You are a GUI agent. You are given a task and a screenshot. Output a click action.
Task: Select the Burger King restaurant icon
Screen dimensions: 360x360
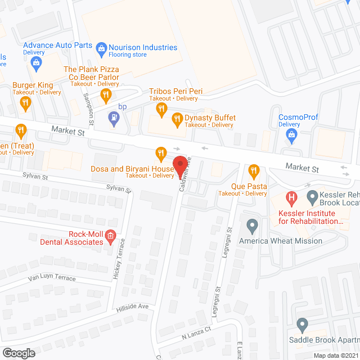pyautogui.click(x=25, y=102)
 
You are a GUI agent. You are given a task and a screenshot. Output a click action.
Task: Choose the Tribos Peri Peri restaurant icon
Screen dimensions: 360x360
pyautogui.click(x=161, y=108)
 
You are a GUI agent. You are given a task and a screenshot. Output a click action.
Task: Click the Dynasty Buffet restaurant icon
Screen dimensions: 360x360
pyautogui.click(x=177, y=118)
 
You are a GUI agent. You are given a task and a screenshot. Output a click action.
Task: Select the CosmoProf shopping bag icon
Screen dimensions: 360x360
pyautogui.click(x=291, y=134)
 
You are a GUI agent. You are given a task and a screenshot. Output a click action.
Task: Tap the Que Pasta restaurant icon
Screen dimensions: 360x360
pyautogui.click(x=253, y=170)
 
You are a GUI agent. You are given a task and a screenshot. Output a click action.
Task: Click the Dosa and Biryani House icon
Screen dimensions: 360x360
pyautogui.click(x=161, y=152)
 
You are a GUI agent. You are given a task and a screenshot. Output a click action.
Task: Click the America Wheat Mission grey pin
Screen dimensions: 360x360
pyautogui.click(x=252, y=226)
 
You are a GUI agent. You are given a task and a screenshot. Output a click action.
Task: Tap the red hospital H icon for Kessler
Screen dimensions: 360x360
pyautogui.click(x=291, y=197)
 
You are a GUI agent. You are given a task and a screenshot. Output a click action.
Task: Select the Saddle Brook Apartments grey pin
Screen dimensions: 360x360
pyautogui.click(x=302, y=325)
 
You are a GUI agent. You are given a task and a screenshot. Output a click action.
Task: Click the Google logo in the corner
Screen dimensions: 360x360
pyautogui.click(x=18, y=353)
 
